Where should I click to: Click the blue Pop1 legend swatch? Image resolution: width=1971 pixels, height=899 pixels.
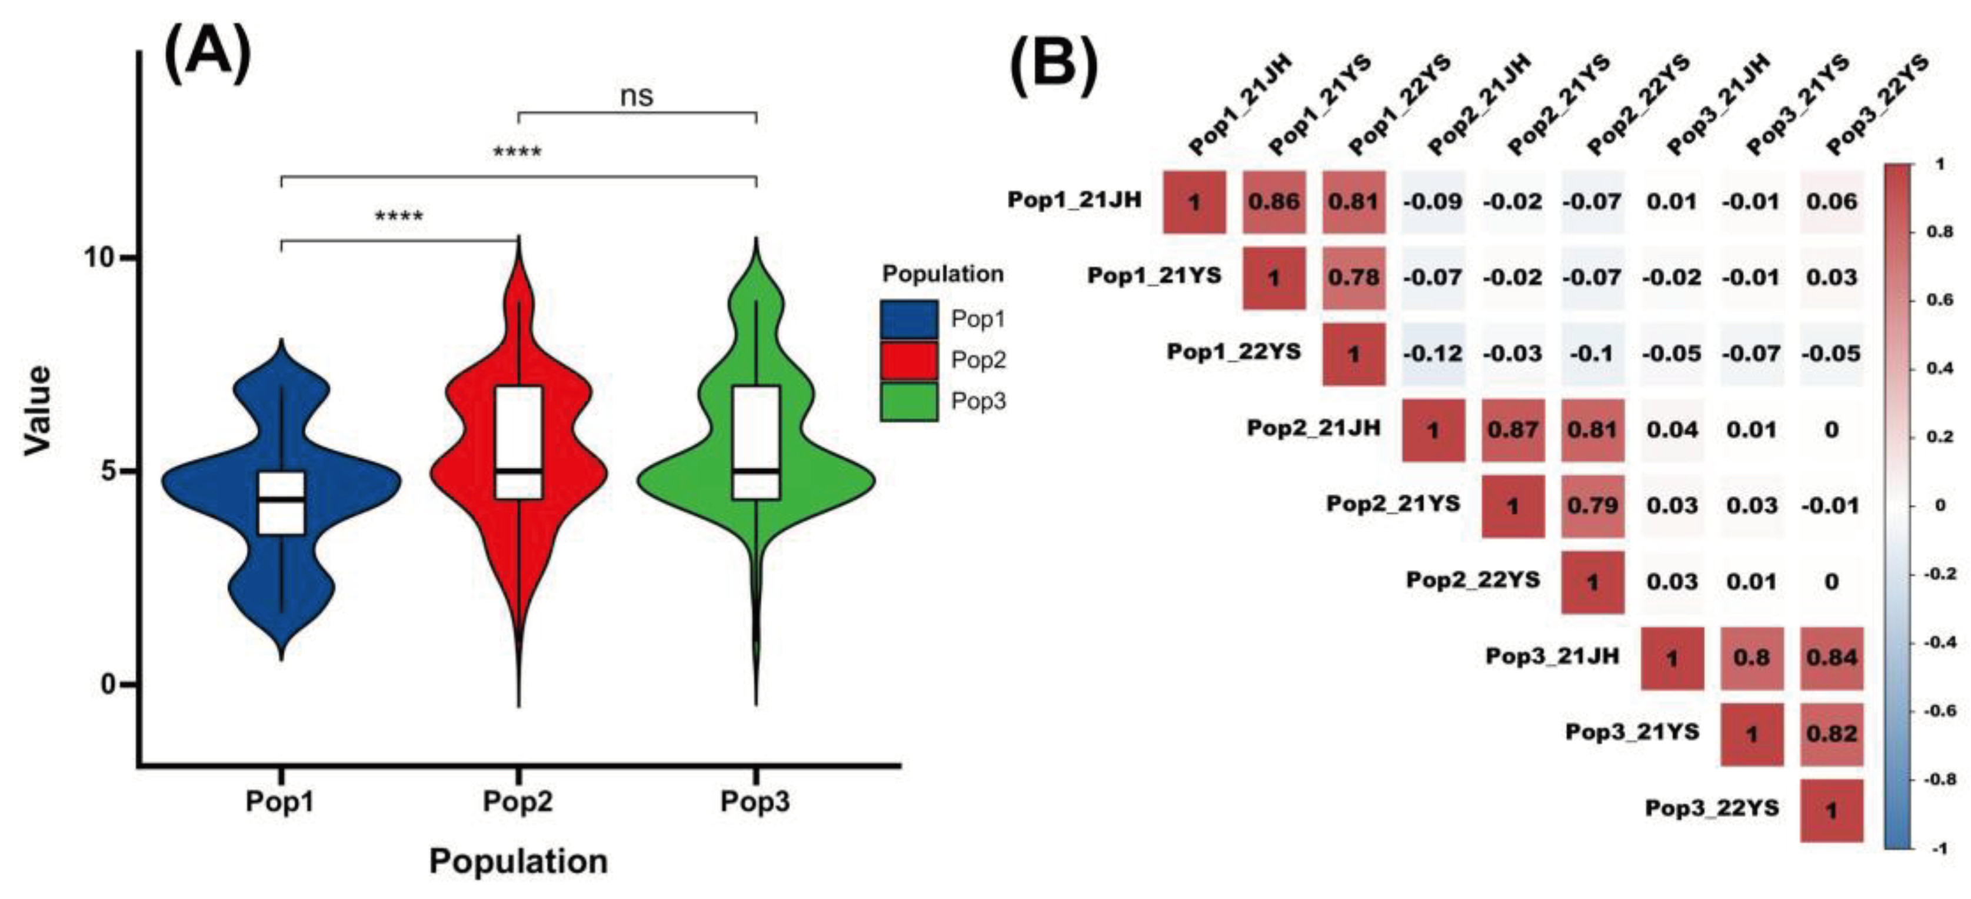[x=909, y=319]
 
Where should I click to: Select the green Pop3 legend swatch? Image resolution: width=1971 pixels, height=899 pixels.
[x=909, y=402]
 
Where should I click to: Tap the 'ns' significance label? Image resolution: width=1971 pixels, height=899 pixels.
[x=637, y=96]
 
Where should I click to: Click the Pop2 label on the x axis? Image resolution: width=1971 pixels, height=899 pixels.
[x=518, y=802]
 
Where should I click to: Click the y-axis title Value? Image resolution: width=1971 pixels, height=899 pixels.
[x=38, y=411]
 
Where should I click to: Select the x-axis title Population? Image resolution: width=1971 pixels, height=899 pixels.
[x=518, y=861]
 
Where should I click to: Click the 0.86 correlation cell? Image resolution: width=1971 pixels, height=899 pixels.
[x=1274, y=202]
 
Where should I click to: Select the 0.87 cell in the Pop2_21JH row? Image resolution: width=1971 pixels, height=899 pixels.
[x=1513, y=430]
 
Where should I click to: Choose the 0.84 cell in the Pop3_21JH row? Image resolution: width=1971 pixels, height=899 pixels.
[x=1831, y=658]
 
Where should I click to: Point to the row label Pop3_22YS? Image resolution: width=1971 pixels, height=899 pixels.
[x=1712, y=808]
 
